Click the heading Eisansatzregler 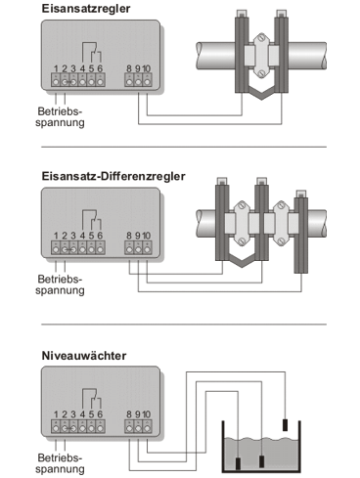click(x=86, y=9)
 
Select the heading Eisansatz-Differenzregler click(x=113, y=176)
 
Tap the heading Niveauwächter click(x=84, y=356)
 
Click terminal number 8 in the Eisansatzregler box click(x=129, y=68)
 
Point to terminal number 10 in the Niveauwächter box click(x=147, y=414)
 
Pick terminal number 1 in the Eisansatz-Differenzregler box click(x=56, y=236)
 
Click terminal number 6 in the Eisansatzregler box click(x=100, y=68)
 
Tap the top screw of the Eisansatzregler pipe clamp click(x=261, y=38)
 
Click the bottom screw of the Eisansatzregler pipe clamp click(x=261, y=73)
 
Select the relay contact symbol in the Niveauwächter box click(x=92, y=399)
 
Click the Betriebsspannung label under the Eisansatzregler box click(x=60, y=117)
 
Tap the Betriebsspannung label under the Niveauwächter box click(x=60, y=463)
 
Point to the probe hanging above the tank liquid click(x=285, y=425)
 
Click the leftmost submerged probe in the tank click(x=238, y=463)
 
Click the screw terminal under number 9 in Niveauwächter click(x=138, y=427)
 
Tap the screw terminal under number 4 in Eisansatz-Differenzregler click(x=82, y=249)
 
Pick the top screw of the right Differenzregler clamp click(x=281, y=206)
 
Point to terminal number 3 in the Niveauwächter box click(x=73, y=414)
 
